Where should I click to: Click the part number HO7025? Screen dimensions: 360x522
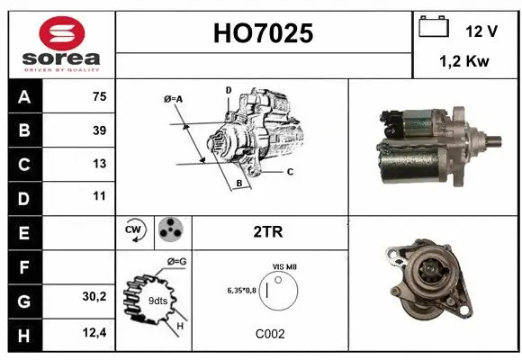(x=263, y=33)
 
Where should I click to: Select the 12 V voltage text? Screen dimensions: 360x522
(x=481, y=31)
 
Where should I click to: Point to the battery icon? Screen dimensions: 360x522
(x=434, y=28)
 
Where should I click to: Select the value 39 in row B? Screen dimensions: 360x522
(x=99, y=130)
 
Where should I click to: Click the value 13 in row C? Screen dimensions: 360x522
(x=99, y=164)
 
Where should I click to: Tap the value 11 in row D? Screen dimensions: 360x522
(x=99, y=195)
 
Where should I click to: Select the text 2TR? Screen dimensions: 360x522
(x=269, y=231)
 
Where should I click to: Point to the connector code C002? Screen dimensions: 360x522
(x=270, y=334)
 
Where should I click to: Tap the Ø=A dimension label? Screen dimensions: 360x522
(x=174, y=99)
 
